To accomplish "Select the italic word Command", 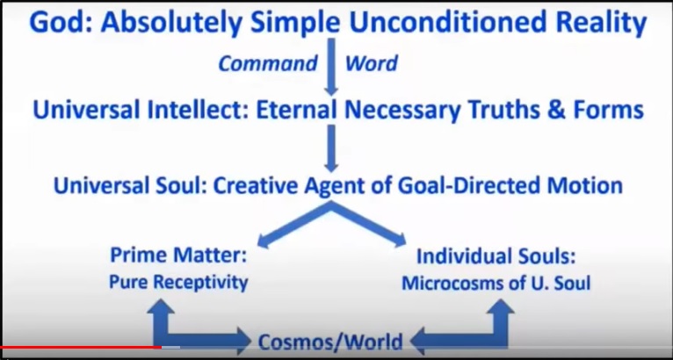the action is [x=268, y=63].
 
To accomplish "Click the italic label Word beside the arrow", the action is [x=372, y=63].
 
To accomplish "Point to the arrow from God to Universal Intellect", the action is [x=330, y=67].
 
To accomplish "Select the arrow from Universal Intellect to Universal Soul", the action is [x=330, y=148].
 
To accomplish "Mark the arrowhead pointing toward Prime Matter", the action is [x=264, y=241].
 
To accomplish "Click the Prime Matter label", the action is [x=178, y=256].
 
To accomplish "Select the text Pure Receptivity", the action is [x=178, y=283].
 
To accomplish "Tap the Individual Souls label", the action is [x=496, y=256].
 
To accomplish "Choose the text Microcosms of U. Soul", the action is [x=496, y=284].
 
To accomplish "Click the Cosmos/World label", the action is [x=330, y=342].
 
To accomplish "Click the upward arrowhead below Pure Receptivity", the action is [x=161, y=306].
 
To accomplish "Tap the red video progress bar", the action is [x=81, y=347].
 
